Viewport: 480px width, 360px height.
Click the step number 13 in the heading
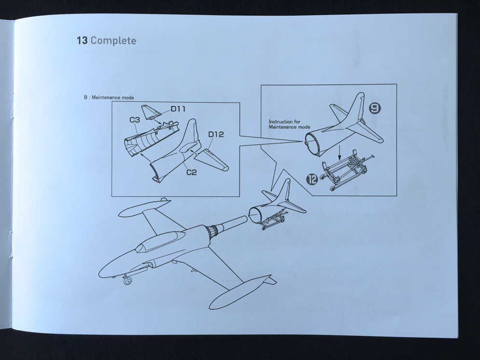82,41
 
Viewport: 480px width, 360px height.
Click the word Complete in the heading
113,41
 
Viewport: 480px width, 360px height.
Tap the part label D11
178,109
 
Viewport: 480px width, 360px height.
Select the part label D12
216,135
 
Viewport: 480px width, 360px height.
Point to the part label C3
135,120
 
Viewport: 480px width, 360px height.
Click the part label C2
192,172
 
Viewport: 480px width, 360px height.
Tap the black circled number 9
375,109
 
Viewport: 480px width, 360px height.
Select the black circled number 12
312,180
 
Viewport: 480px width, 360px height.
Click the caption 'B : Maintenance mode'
109,97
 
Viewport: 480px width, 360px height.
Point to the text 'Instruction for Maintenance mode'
289,125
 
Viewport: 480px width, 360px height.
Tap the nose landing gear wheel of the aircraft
127,280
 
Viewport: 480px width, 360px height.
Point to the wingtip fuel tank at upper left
140,207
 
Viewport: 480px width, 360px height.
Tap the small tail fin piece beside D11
151,111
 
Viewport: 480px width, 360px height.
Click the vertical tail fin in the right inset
357,109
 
